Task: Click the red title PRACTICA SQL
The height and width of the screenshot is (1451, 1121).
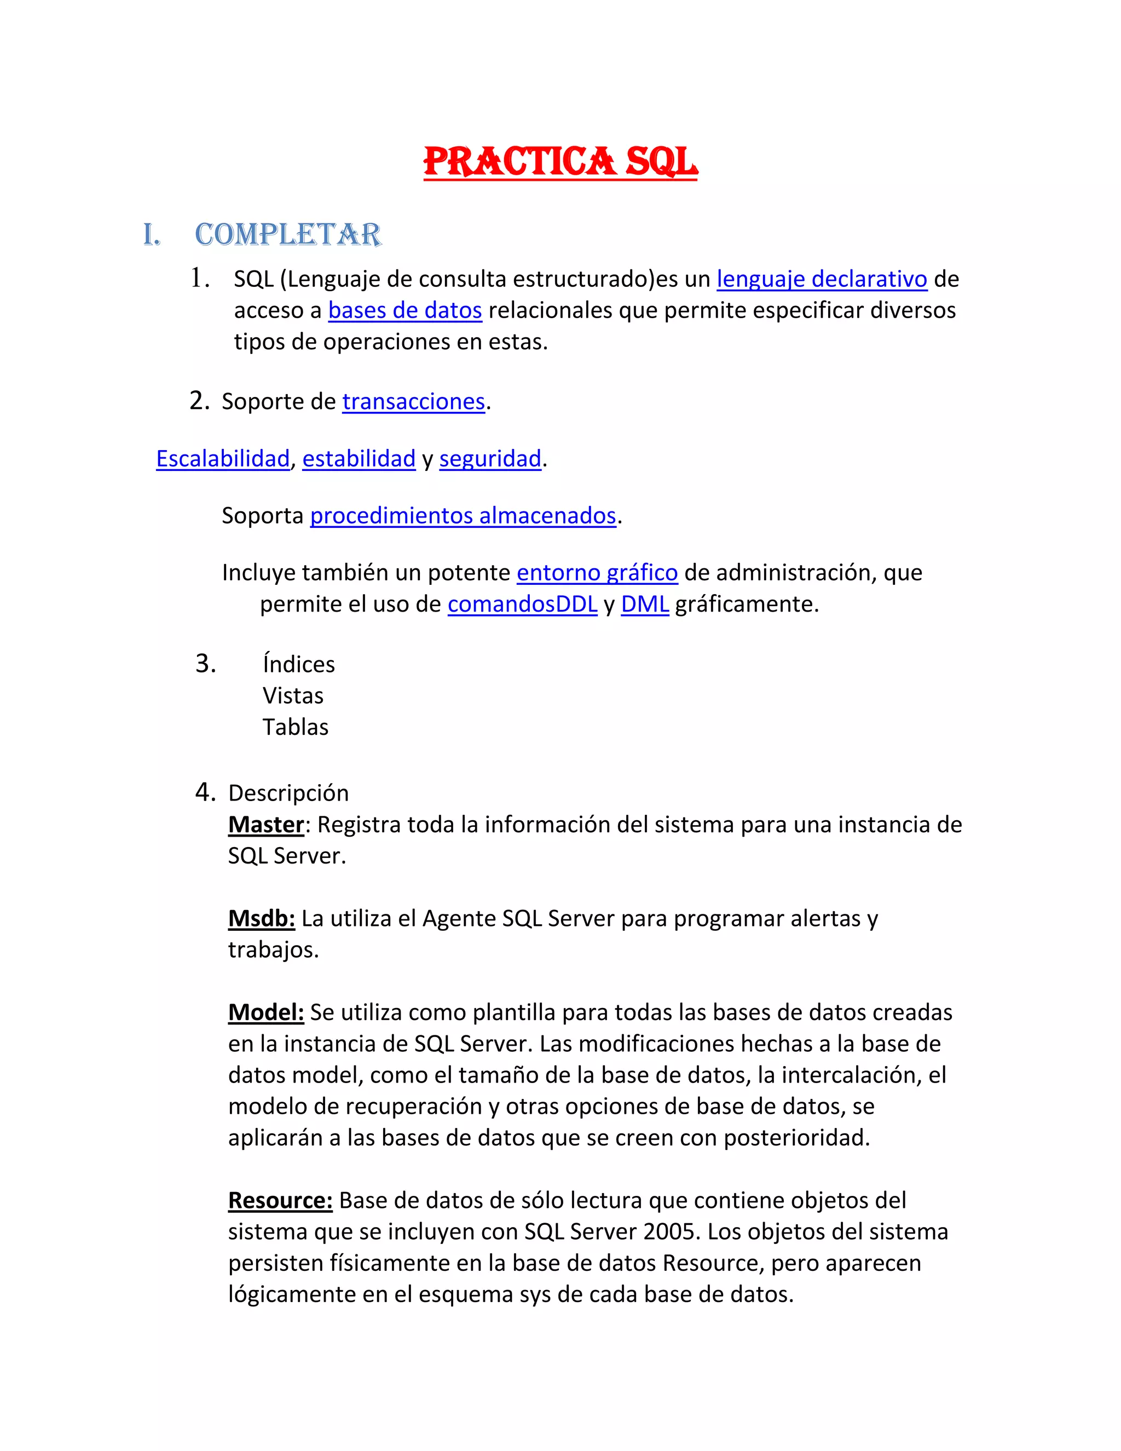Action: click(560, 162)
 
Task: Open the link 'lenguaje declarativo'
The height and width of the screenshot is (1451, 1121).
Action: click(822, 279)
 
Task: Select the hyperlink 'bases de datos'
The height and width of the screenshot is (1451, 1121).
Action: click(405, 310)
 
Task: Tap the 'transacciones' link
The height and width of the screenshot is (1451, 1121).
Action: click(413, 401)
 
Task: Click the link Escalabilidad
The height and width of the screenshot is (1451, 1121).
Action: click(222, 458)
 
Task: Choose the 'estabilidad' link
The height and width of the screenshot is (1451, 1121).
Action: click(359, 458)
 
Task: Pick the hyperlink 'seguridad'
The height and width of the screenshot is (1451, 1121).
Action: click(490, 458)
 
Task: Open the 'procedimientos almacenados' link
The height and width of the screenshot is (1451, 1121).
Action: click(463, 516)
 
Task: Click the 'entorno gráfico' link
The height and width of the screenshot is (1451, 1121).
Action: click(597, 573)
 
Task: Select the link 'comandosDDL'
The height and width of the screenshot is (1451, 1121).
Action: click(522, 604)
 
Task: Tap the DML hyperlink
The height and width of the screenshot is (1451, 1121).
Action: click(644, 604)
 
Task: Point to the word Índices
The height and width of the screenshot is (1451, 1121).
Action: click(299, 664)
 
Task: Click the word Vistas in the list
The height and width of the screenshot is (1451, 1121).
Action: click(293, 695)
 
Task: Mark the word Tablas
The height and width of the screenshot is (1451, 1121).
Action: click(296, 727)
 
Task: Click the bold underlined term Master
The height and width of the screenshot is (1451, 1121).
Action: click(265, 825)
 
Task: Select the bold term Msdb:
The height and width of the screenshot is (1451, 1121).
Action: click(261, 918)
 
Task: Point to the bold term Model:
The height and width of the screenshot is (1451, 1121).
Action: click(265, 1012)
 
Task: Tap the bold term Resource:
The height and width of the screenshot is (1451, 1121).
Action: click(280, 1200)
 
